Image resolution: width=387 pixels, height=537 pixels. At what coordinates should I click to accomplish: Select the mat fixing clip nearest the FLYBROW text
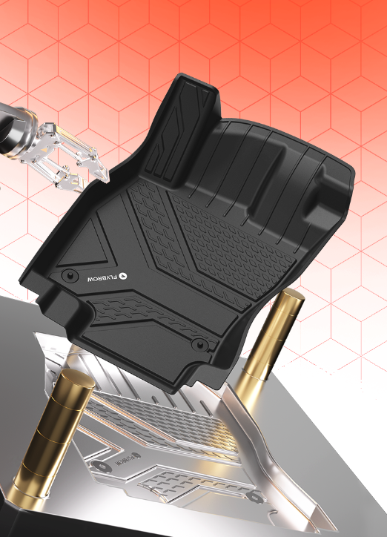[x=69, y=275]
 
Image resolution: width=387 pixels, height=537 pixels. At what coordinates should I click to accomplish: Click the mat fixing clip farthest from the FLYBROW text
[x=199, y=344]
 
